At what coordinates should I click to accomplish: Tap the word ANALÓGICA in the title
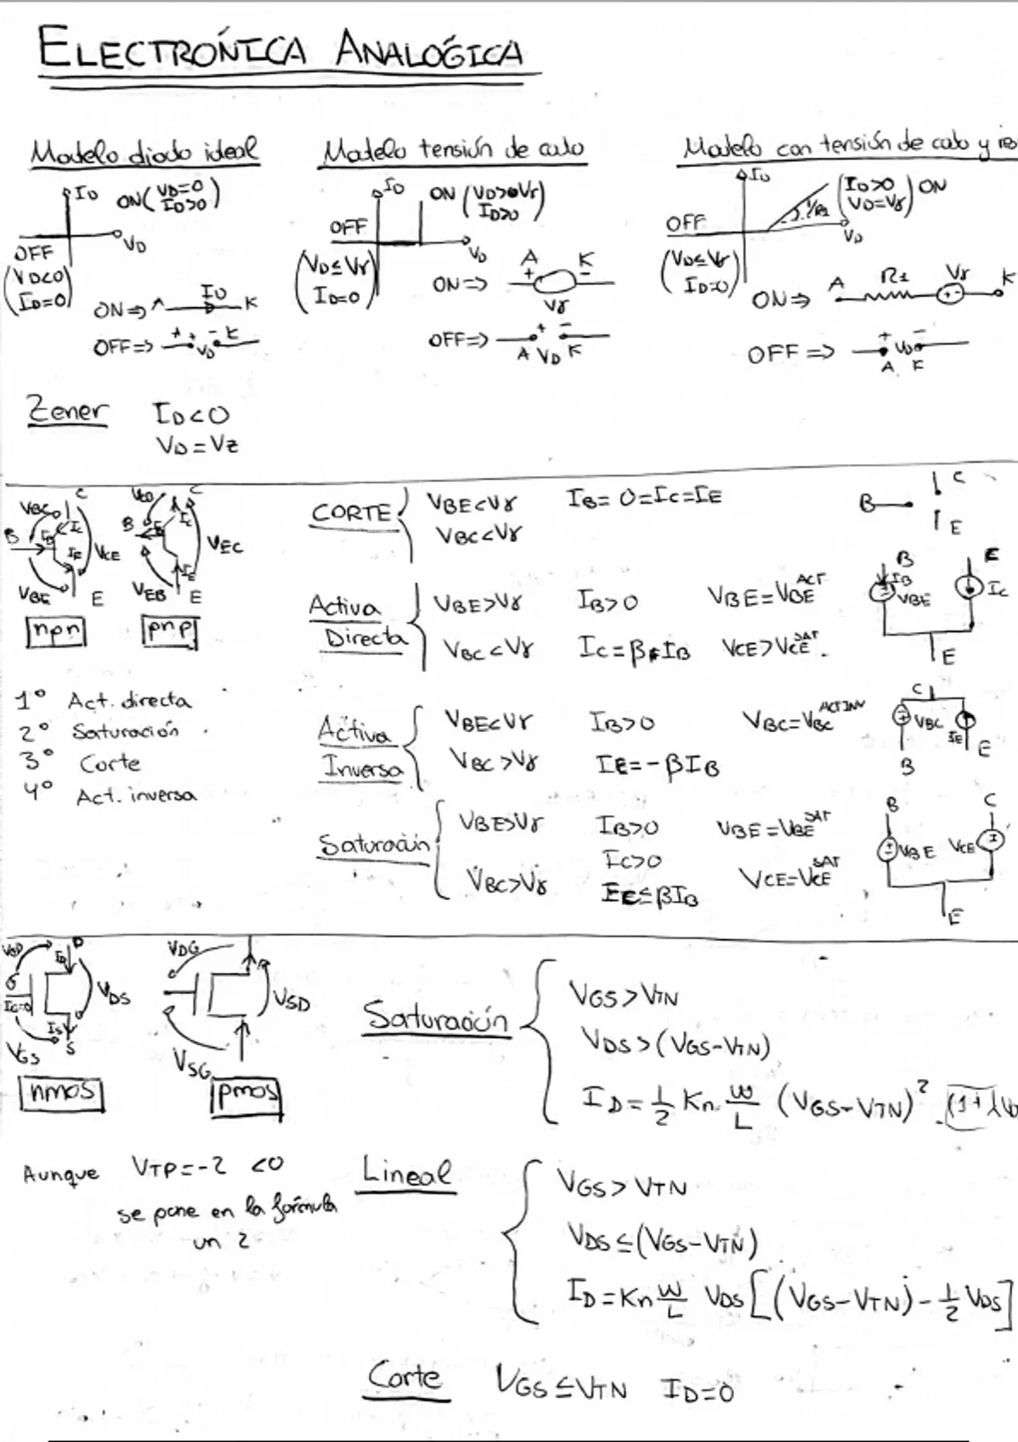point(428,50)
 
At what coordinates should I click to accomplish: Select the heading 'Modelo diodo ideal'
point(144,153)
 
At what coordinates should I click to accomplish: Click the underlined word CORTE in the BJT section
point(351,513)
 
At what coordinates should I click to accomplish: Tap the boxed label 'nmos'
point(61,1092)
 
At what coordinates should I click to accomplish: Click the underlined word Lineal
point(406,1173)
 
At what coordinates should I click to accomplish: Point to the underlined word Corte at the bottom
point(406,1377)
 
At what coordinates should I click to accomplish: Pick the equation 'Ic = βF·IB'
point(634,650)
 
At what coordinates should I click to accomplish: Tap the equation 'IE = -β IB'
point(657,766)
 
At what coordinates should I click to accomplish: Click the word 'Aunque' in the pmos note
point(61,1175)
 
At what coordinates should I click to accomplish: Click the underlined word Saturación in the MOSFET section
point(436,1016)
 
